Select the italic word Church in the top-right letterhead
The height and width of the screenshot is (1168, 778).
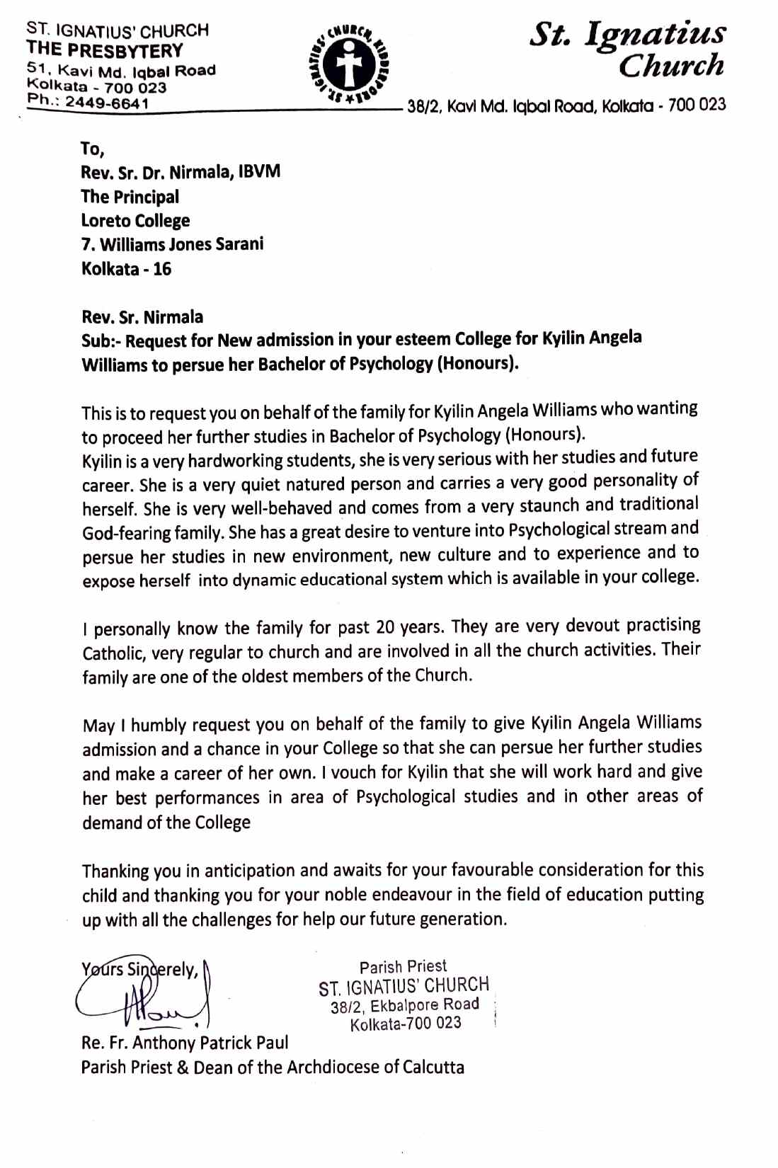tap(671, 66)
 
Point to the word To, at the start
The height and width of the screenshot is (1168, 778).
tap(92, 149)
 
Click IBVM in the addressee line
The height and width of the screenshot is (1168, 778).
tap(259, 172)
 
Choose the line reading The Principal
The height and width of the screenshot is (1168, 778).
tap(130, 197)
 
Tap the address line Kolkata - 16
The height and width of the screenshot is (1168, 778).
tap(126, 269)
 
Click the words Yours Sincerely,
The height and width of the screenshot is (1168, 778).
tap(139, 969)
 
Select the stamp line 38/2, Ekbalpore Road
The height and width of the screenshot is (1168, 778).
tap(404, 1005)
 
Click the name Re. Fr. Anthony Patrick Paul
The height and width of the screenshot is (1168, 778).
tap(185, 1043)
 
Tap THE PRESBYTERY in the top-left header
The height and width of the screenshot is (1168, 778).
tap(105, 51)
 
